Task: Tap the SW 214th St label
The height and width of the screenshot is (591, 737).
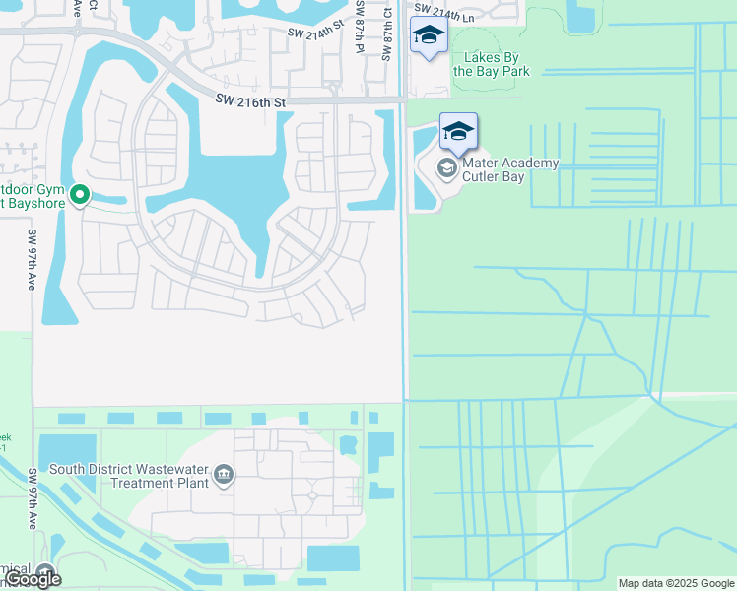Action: tap(312, 33)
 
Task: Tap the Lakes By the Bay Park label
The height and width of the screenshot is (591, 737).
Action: tap(491, 65)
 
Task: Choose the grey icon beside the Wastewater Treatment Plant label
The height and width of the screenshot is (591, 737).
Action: tap(225, 476)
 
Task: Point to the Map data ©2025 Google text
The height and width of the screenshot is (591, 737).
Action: tap(676, 583)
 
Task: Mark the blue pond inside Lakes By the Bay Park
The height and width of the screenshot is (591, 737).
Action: tap(581, 18)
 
